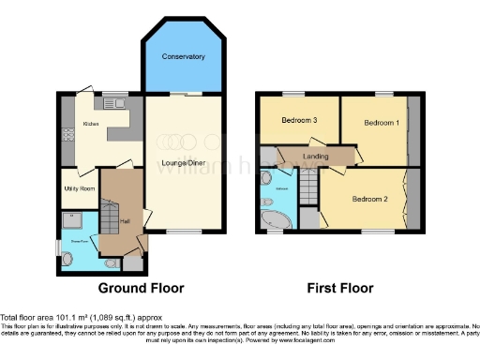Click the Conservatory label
tap(183, 57)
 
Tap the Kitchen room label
tap(91, 124)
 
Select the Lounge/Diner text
tap(183, 163)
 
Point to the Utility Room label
tap(81, 188)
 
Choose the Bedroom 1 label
tap(381, 123)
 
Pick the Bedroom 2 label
tap(370, 199)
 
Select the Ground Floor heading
tap(141, 288)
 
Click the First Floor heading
tap(341, 288)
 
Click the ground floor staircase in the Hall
tap(112, 220)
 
